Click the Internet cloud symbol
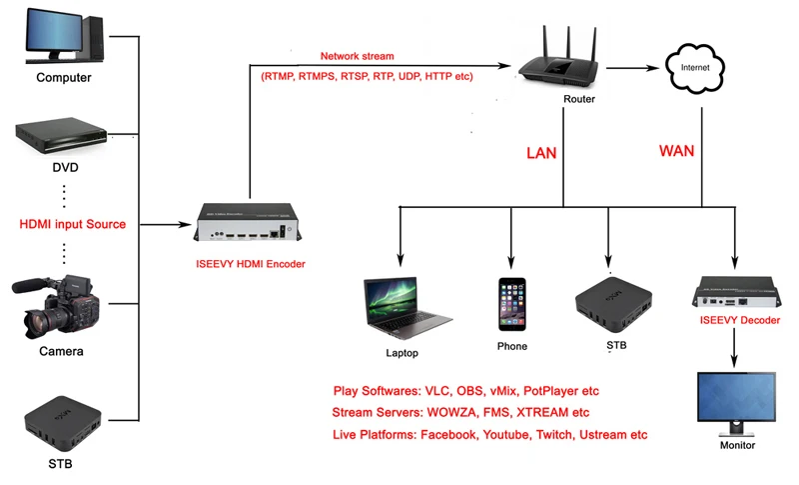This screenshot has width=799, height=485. coord(695,68)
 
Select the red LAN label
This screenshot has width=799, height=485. coord(541,153)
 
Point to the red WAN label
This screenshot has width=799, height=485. coord(677,151)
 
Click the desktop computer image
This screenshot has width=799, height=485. coord(65,36)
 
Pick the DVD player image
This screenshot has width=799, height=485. coord(61,135)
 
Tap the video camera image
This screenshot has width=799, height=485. coord(56,307)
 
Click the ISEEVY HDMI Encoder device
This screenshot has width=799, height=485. coord(248,222)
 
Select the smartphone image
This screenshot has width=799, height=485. coord(512,304)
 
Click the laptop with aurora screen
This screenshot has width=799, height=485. coord(405,308)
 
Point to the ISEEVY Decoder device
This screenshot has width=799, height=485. coord(736,292)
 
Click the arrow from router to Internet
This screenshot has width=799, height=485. coord(632,68)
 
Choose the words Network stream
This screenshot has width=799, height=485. coord(357,56)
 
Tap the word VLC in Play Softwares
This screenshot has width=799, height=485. coord(436,391)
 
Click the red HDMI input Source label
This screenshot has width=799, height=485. coord(72,224)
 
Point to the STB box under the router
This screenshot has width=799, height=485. coord(613,303)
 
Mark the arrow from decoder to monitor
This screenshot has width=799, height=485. coord(734,347)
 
